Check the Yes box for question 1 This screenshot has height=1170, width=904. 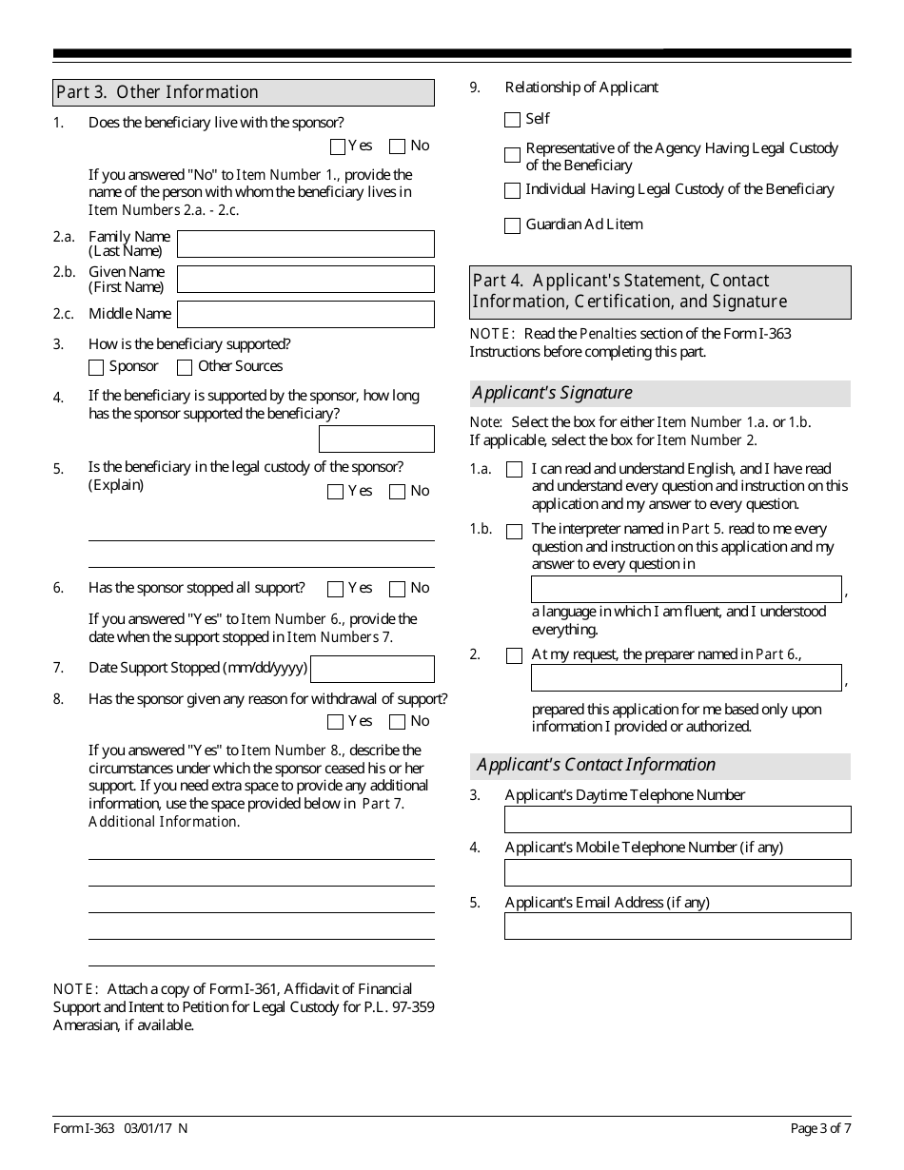pos(337,146)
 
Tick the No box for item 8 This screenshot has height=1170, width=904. pos(398,722)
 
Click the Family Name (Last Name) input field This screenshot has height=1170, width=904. pos(305,244)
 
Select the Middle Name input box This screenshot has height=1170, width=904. pos(305,315)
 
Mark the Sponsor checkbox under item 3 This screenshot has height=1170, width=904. pos(96,367)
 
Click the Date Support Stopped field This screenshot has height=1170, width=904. pos(372,669)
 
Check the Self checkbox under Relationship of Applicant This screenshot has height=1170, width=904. pos(513,120)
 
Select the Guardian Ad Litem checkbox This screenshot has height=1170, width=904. pos(513,225)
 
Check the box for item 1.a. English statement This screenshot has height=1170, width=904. pos(515,470)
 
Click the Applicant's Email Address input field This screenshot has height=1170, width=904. pos(678,926)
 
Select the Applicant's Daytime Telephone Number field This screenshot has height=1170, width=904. pos(678,820)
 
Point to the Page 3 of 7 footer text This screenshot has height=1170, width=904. pos(820,1129)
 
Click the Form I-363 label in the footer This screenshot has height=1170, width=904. pos(84,1129)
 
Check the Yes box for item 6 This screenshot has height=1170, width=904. pos(335,589)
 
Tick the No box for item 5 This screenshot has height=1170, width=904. pos(398,492)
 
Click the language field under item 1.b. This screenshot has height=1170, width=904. pos(686,590)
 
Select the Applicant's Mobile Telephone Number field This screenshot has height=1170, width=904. pos(678,872)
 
